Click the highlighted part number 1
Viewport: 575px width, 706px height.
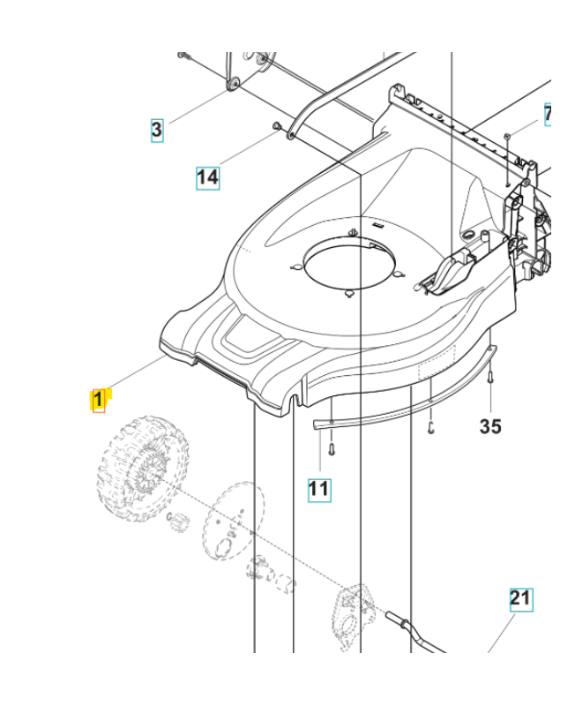pyautogui.click(x=99, y=400)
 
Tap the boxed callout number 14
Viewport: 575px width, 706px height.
pyautogui.click(x=206, y=176)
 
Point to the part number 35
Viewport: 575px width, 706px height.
pyautogui.click(x=489, y=426)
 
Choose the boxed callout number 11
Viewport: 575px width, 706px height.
pyautogui.click(x=318, y=487)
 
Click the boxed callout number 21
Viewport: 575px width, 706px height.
pyautogui.click(x=521, y=599)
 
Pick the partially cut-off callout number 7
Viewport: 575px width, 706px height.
pyautogui.click(x=548, y=115)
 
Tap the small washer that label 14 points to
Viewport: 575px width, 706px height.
pyautogui.click(x=278, y=126)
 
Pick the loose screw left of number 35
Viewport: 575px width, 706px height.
pyautogui.click(x=429, y=428)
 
